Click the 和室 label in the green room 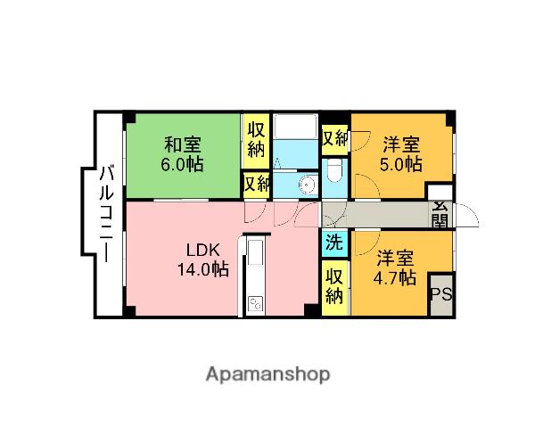coord(182,144)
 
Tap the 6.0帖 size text coord(182,164)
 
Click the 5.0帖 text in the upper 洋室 coord(402,164)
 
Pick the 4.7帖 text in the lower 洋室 coord(394,278)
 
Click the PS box coord(440,295)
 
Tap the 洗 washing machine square coord(333,242)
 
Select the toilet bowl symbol coord(334,172)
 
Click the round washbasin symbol coord(307,185)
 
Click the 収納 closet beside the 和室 coord(256,141)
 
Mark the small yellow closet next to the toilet coord(334,138)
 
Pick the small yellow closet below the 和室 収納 coord(256,184)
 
